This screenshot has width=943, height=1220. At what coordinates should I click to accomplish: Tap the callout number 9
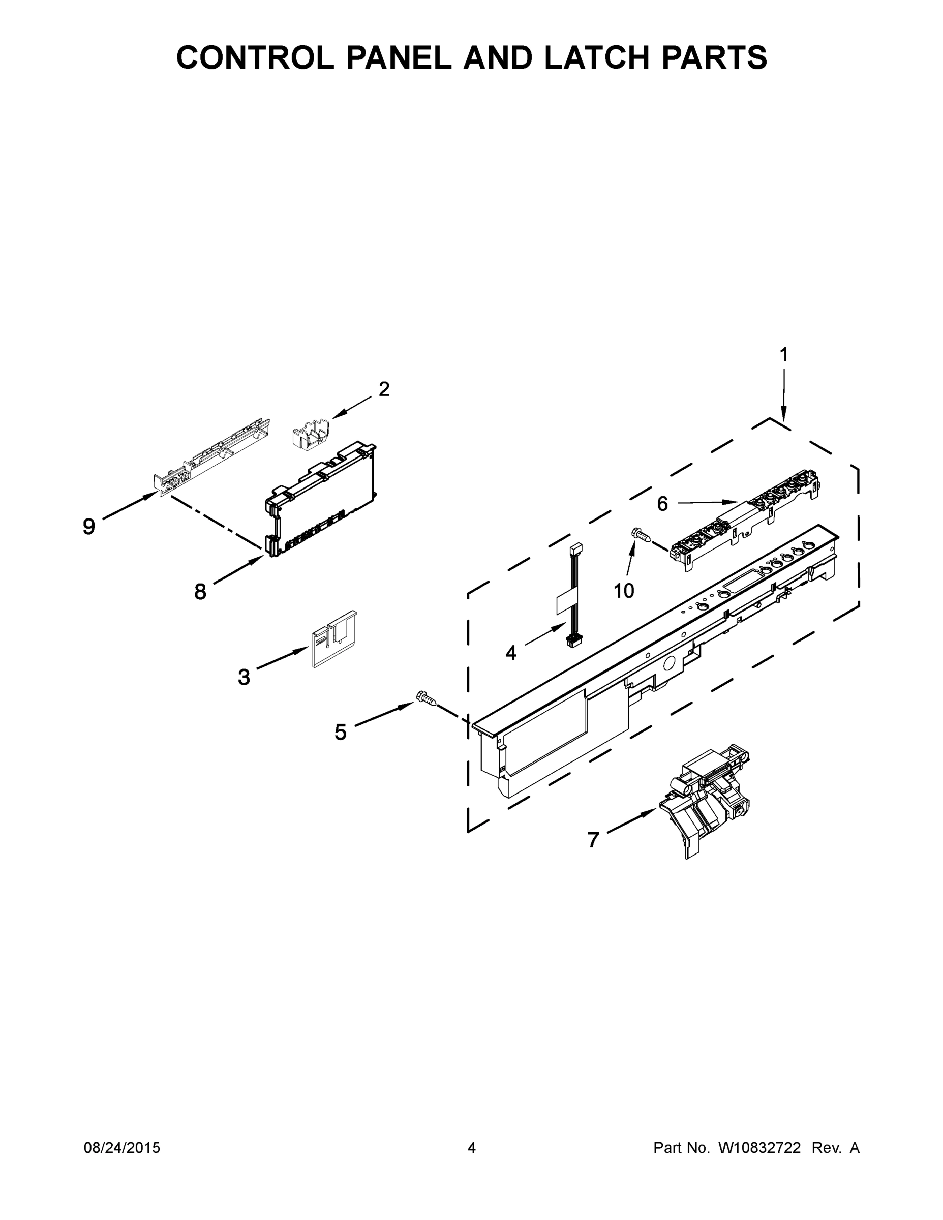tap(89, 526)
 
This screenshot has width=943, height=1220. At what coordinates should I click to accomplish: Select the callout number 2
tap(384, 389)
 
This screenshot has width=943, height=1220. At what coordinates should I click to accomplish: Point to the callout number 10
tap(624, 591)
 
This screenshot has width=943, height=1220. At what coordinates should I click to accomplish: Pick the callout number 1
tap(784, 355)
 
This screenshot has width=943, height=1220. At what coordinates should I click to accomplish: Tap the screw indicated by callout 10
tap(640, 535)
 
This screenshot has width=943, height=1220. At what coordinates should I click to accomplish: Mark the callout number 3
tap(244, 677)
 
